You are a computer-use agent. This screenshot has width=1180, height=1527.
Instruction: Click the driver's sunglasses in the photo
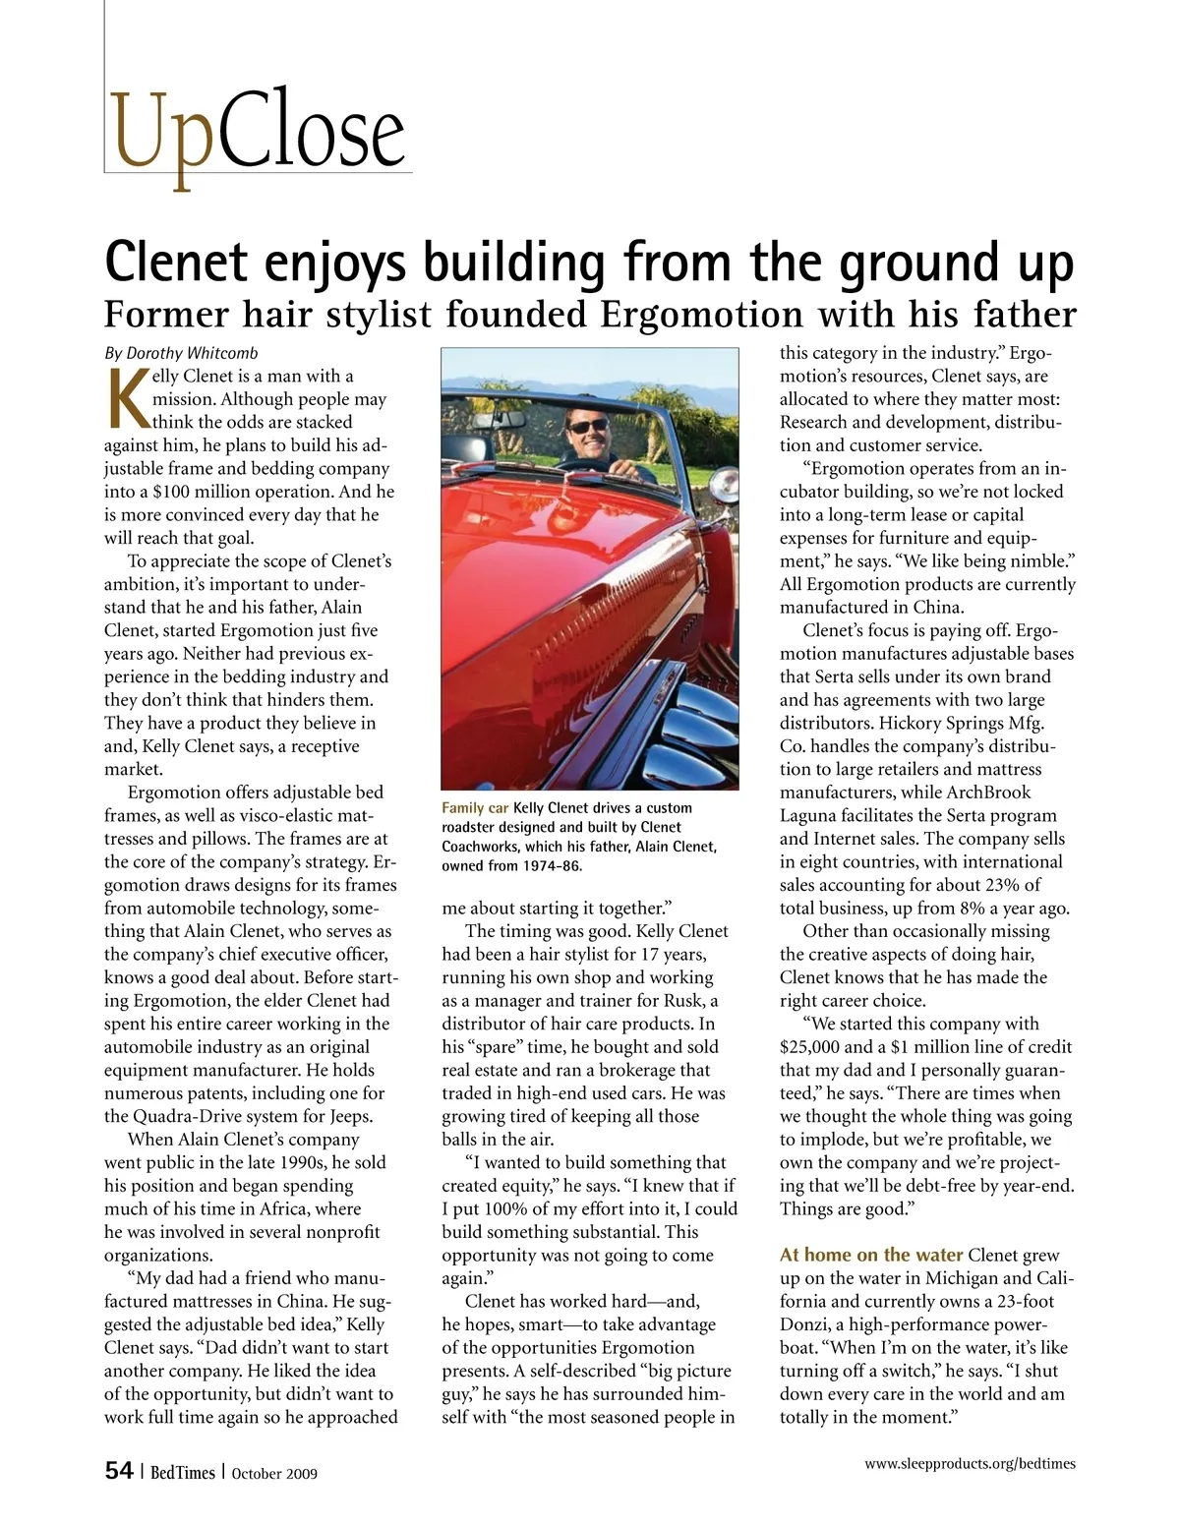[x=588, y=426]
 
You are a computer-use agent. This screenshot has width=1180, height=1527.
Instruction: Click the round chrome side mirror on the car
[x=726, y=481]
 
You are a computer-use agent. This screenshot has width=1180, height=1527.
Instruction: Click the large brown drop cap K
[x=126, y=399]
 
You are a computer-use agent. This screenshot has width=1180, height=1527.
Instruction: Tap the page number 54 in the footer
[x=119, y=1471]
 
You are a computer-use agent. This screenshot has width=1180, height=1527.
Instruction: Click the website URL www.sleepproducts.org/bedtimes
[x=970, y=1463]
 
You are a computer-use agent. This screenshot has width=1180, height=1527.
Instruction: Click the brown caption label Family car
[x=475, y=808]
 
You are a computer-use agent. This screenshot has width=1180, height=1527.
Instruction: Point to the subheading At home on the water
[x=870, y=1255]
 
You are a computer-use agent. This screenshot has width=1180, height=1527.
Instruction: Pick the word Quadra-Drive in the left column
[x=184, y=1116]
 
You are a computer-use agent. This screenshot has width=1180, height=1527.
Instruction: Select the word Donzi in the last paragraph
[x=806, y=1324]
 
